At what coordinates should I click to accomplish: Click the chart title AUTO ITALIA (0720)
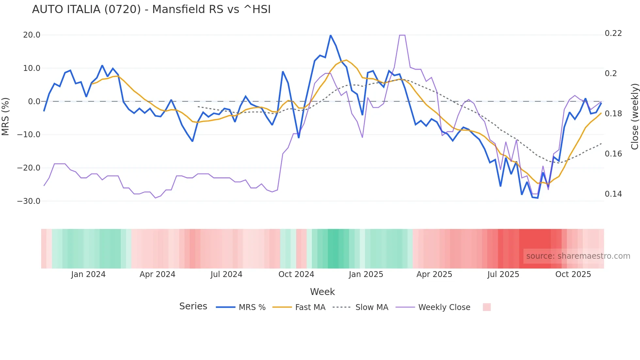(x=151, y=9)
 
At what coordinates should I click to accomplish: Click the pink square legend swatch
(x=487, y=307)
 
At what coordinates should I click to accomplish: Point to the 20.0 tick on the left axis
(x=32, y=35)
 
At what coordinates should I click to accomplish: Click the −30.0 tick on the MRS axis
(x=29, y=201)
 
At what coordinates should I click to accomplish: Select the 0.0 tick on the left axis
(x=34, y=102)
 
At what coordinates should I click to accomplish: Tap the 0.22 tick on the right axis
(x=613, y=33)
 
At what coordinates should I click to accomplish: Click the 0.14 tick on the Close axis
(x=613, y=194)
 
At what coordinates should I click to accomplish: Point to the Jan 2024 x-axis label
(x=88, y=274)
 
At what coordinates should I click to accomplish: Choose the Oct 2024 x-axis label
(x=296, y=274)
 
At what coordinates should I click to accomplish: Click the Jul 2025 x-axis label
(x=503, y=274)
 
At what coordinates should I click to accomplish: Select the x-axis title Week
(x=322, y=292)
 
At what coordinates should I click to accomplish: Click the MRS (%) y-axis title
(x=5, y=116)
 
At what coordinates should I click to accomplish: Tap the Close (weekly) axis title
(x=635, y=116)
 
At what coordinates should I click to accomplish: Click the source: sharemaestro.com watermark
(x=578, y=256)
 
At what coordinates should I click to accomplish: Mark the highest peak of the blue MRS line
(x=330, y=35)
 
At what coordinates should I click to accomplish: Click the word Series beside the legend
(x=193, y=306)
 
